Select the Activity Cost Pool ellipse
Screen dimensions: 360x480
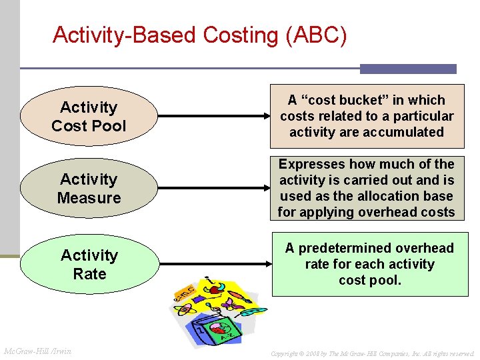(x=89, y=117)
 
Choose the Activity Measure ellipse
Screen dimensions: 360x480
(x=89, y=189)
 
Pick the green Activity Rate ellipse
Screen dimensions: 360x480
(x=89, y=264)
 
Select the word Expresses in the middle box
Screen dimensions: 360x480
(x=309, y=164)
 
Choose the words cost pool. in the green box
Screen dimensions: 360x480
(x=370, y=280)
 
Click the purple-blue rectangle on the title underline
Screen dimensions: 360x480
(x=408, y=69)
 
